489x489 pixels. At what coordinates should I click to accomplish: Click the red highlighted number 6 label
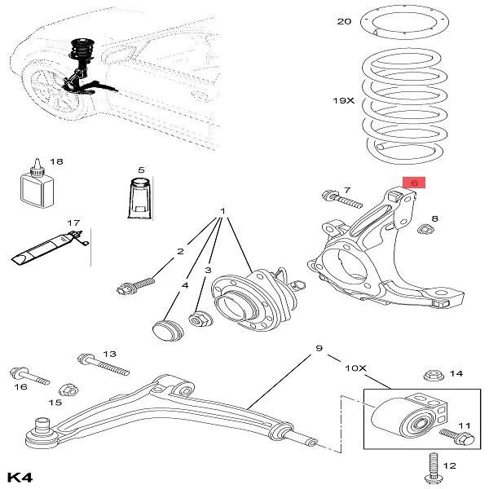click(413, 183)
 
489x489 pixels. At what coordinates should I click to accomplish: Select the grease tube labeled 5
click(140, 200)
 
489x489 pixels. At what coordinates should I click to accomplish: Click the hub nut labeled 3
click(199, 319)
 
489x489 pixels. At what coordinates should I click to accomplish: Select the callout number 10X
click(355, 368)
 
